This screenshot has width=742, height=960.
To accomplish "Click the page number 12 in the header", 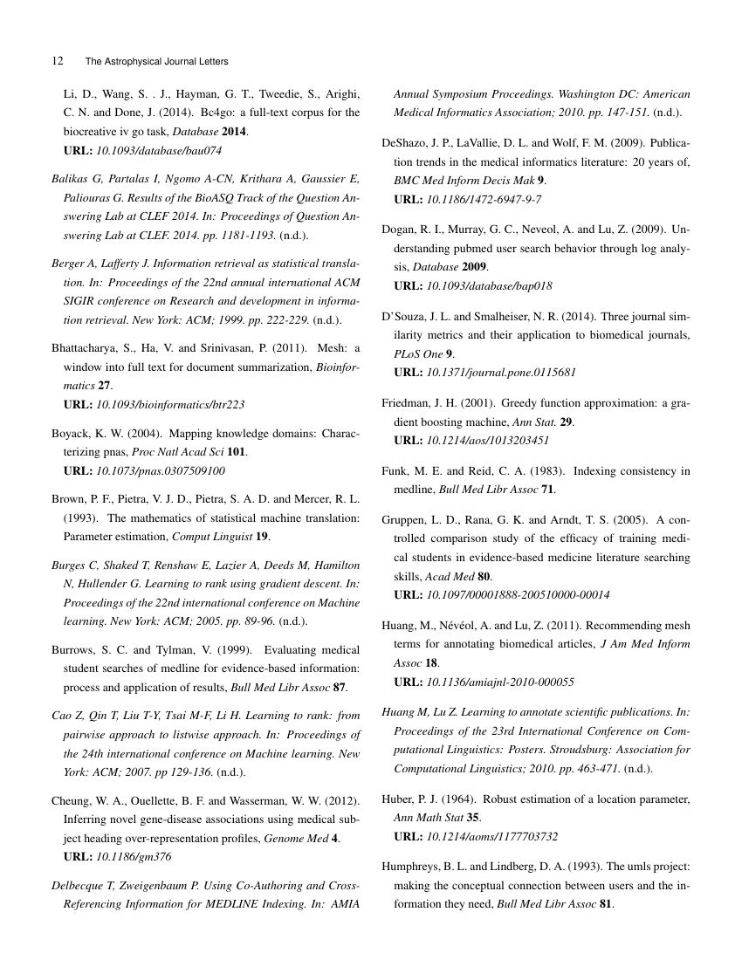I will (x=58, y=61).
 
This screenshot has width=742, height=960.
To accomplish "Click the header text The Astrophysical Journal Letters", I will (x=156, y=61).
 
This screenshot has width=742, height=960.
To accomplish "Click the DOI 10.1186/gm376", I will (x=134, y=856).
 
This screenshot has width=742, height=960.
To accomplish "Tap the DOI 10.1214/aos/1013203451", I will (x=487, y=439).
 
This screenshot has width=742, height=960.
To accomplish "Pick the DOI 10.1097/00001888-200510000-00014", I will (x=518, y=595).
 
